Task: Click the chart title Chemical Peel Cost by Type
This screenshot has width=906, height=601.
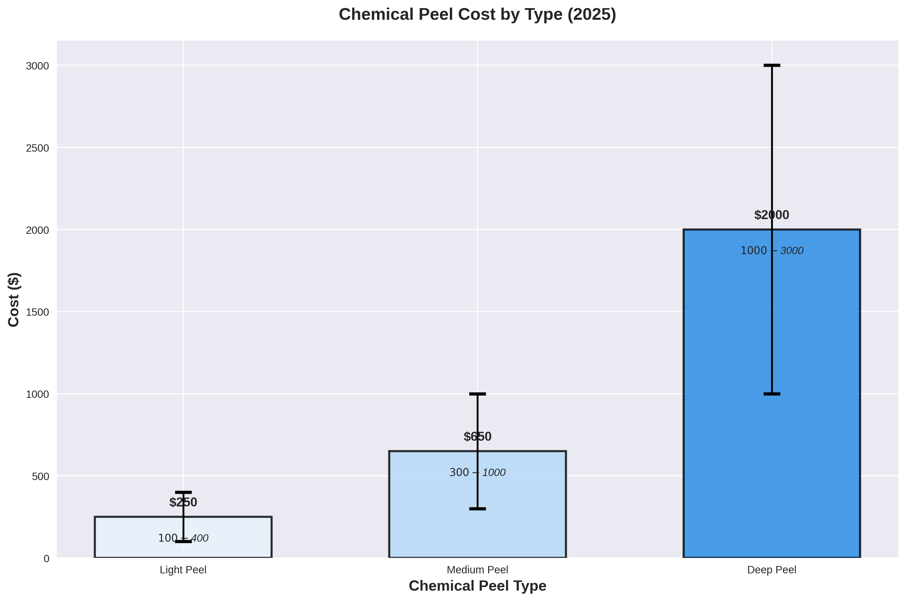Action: click(477, 14)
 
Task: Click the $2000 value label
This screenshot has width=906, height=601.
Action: click(771, 215)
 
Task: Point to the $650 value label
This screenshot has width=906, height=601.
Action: click(477, 437)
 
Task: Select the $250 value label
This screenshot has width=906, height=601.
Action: click(183, 502)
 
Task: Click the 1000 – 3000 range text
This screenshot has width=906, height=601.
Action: click(771, 251)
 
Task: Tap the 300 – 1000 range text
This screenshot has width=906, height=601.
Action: click(477, 473)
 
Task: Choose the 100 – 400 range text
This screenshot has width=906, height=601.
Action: click(183, 538)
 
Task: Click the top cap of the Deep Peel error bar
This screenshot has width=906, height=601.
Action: click(771, 65)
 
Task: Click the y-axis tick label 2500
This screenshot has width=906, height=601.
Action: click(38, 148)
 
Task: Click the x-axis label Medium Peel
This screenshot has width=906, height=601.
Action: click(477, 570)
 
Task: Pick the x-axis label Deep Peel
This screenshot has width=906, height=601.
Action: click(771, 570)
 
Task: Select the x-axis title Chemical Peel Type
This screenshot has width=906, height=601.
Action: click(477, 586)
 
